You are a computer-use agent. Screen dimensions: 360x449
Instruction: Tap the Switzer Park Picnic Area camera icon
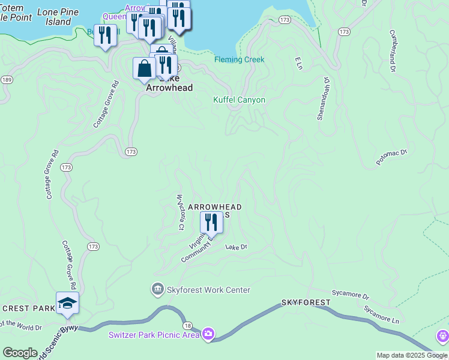[208, 334]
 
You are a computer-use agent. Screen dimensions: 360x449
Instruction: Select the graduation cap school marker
[67, 303]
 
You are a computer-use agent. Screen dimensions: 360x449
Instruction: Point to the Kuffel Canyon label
[239, 100]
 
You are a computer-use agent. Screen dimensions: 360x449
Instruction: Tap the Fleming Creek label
[240, 59]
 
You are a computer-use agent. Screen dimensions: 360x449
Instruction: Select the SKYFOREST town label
[306, 302]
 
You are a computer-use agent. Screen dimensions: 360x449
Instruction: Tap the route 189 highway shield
[7, 80]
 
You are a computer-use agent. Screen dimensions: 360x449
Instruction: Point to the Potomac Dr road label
[391, 157]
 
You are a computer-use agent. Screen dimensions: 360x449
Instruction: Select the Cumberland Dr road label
[394, 51]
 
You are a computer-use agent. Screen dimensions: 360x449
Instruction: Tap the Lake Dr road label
[237, 247]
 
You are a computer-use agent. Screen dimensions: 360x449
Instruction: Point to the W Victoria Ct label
[179, 212]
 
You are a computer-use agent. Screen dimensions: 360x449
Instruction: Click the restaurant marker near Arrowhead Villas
[211, 222]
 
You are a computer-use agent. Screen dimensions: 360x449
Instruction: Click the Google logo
[20, 353]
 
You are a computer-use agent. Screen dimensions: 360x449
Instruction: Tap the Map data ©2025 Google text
[412, 355]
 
